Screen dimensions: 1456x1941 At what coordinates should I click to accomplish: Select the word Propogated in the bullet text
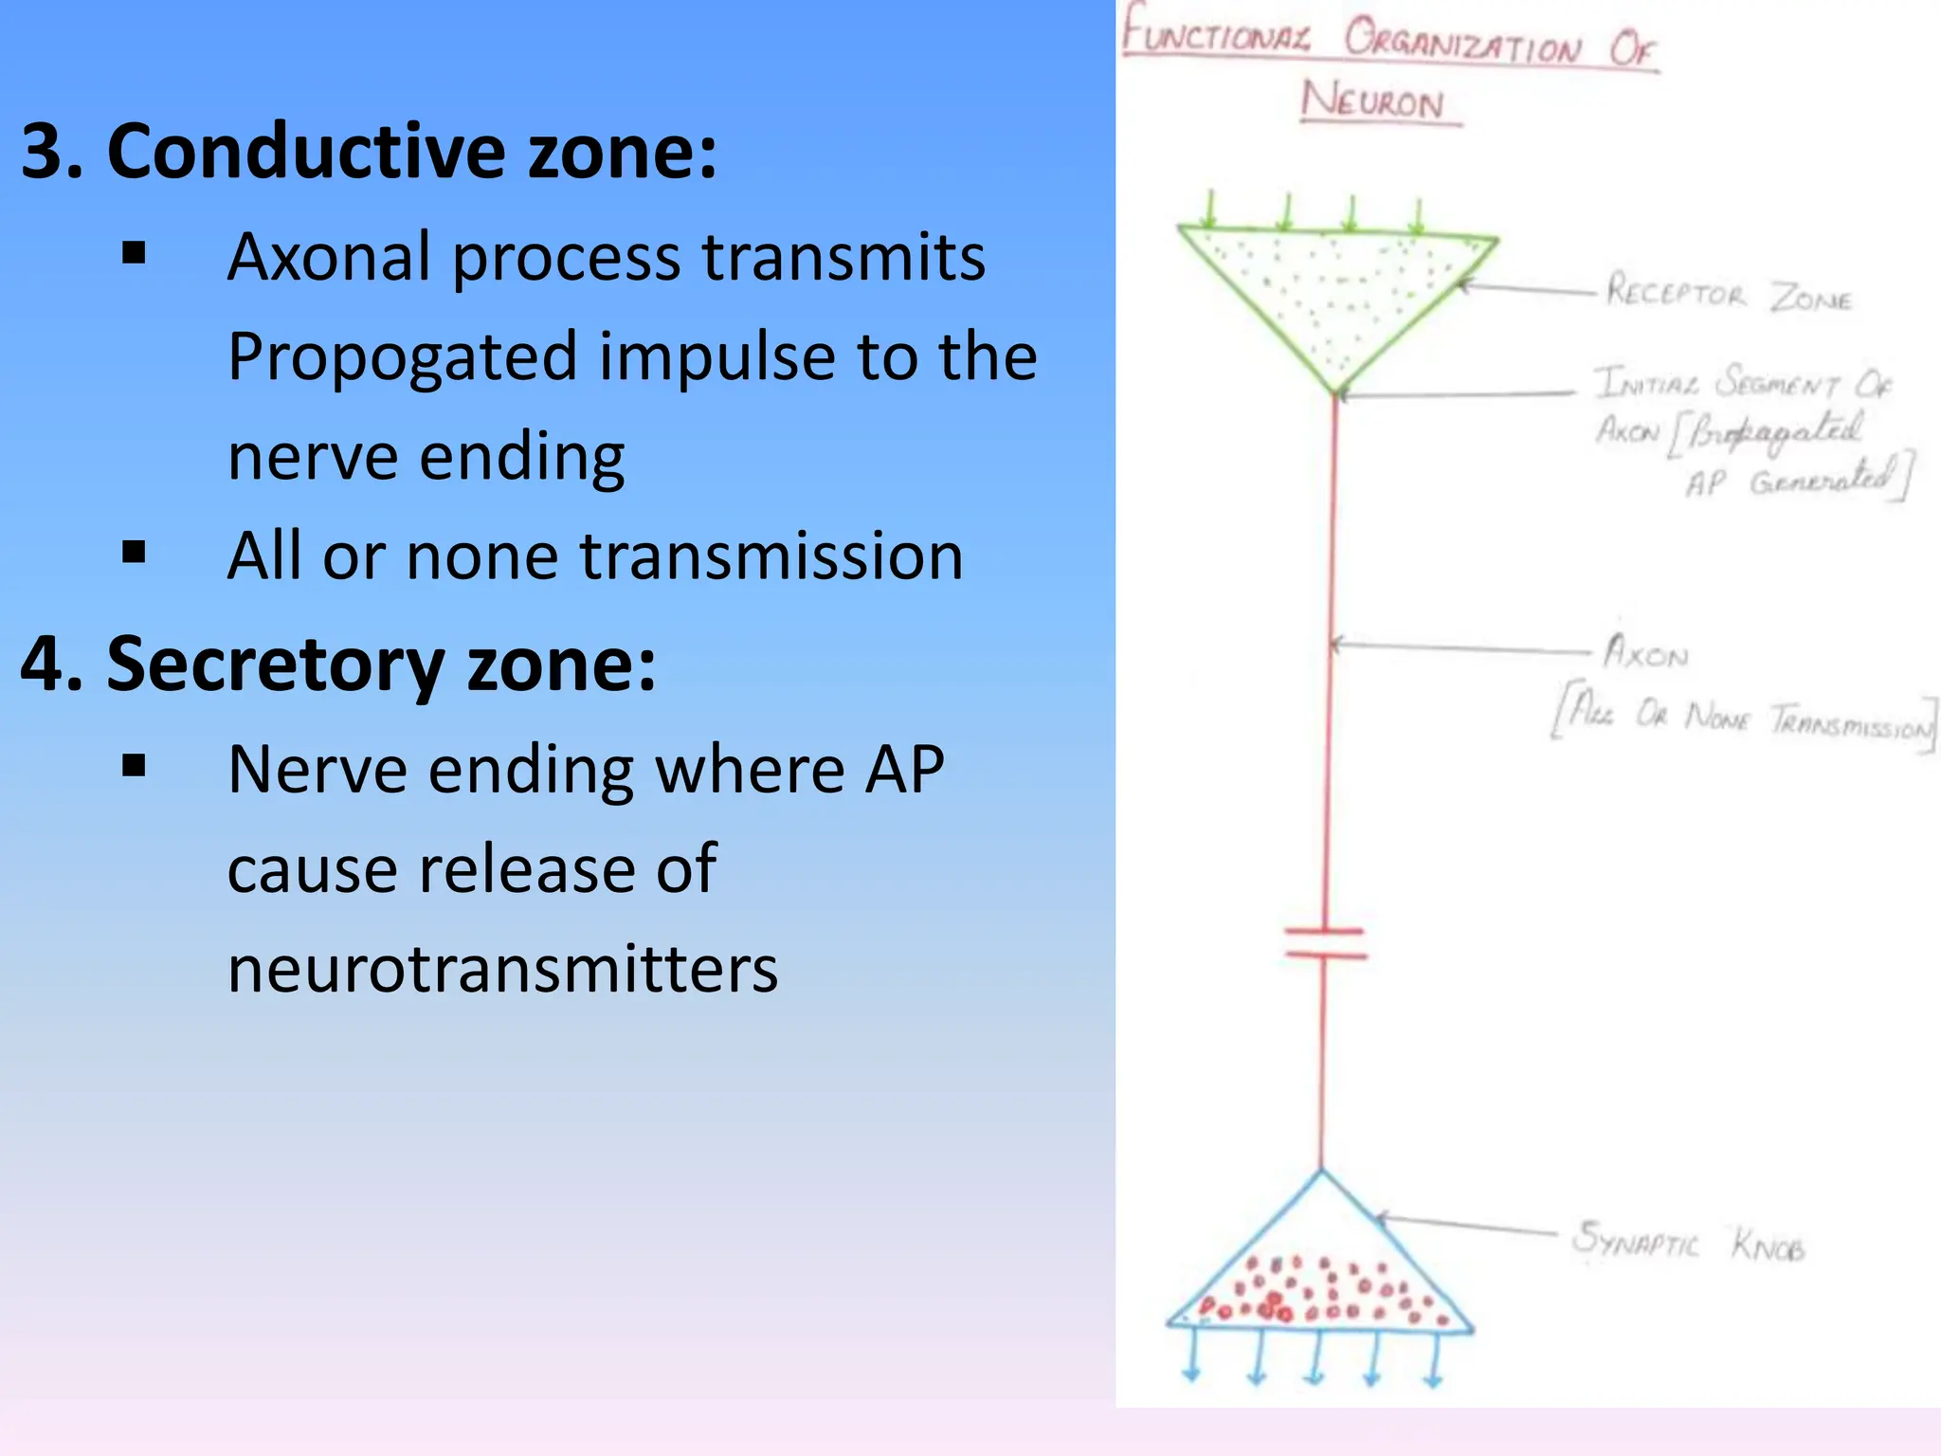[x=402, y=357]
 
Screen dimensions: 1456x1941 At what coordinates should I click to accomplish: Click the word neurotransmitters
[x=502, y=970]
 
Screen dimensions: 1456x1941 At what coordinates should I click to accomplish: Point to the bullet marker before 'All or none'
[x=135, y=553]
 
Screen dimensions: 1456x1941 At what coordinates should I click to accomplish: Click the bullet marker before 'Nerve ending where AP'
[x=135, y=765]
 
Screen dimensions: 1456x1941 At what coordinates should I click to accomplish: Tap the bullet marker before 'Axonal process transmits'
[x=135, y=253]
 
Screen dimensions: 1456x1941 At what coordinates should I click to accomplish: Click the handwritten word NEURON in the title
[x=1373, y=100]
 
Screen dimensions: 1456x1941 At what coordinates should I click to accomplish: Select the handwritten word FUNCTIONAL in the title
[x=1217, y=36]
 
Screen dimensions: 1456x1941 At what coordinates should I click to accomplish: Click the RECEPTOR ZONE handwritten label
[x=1728, y=294]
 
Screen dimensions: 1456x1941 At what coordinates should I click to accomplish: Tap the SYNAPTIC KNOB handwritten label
[x=1687, y=1242]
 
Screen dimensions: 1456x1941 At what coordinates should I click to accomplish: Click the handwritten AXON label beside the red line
[x=1646, y=653]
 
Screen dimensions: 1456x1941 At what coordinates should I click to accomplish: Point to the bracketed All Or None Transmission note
[x=1744, y=720]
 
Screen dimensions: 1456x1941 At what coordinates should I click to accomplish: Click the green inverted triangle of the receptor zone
[x=1336, y=284]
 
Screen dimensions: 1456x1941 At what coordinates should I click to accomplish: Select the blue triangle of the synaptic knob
[x=1320, y=1270]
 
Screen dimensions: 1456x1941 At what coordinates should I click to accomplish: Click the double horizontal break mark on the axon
[x=1325, y=944]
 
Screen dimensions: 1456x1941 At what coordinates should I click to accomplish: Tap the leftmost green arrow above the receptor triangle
[x=1210, y=210]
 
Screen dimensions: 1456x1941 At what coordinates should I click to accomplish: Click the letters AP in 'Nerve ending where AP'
[x=904, y=769]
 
